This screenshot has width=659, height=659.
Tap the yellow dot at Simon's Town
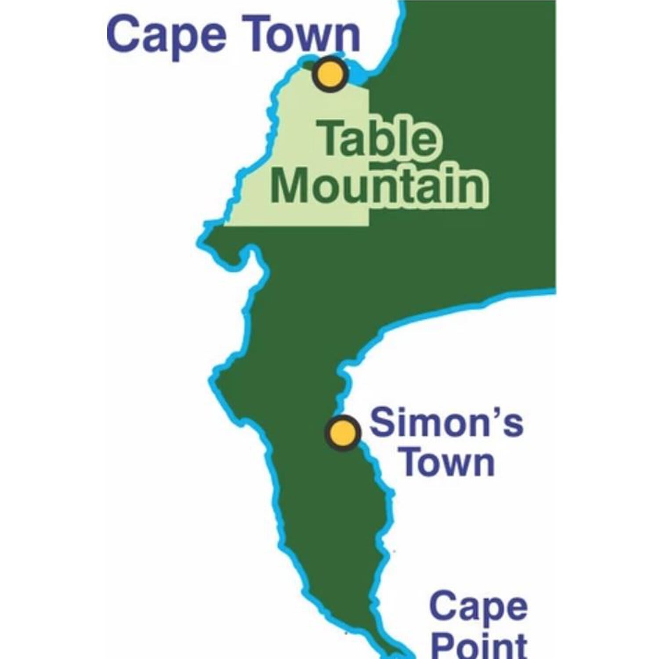pyautogui.click(x=343, y=433)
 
